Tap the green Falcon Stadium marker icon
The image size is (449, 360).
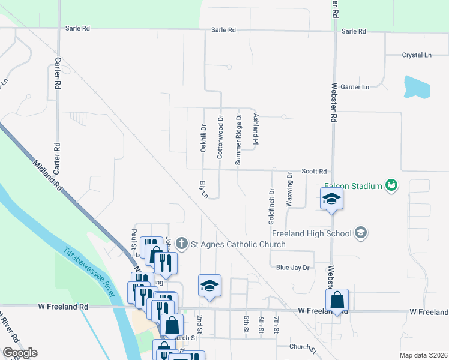[391, 185]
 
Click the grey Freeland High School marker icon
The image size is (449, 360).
[361, 233]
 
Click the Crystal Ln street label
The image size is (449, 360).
[417, 55]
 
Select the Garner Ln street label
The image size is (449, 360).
[355, 87]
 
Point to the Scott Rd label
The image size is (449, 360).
[313, 171]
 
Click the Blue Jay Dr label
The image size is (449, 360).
[292, 268]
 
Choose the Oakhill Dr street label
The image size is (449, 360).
[204, 138]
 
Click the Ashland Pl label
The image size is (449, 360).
[256, 130]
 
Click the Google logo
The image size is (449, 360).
[20, 353]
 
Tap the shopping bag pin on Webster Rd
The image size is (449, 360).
[337, 300]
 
